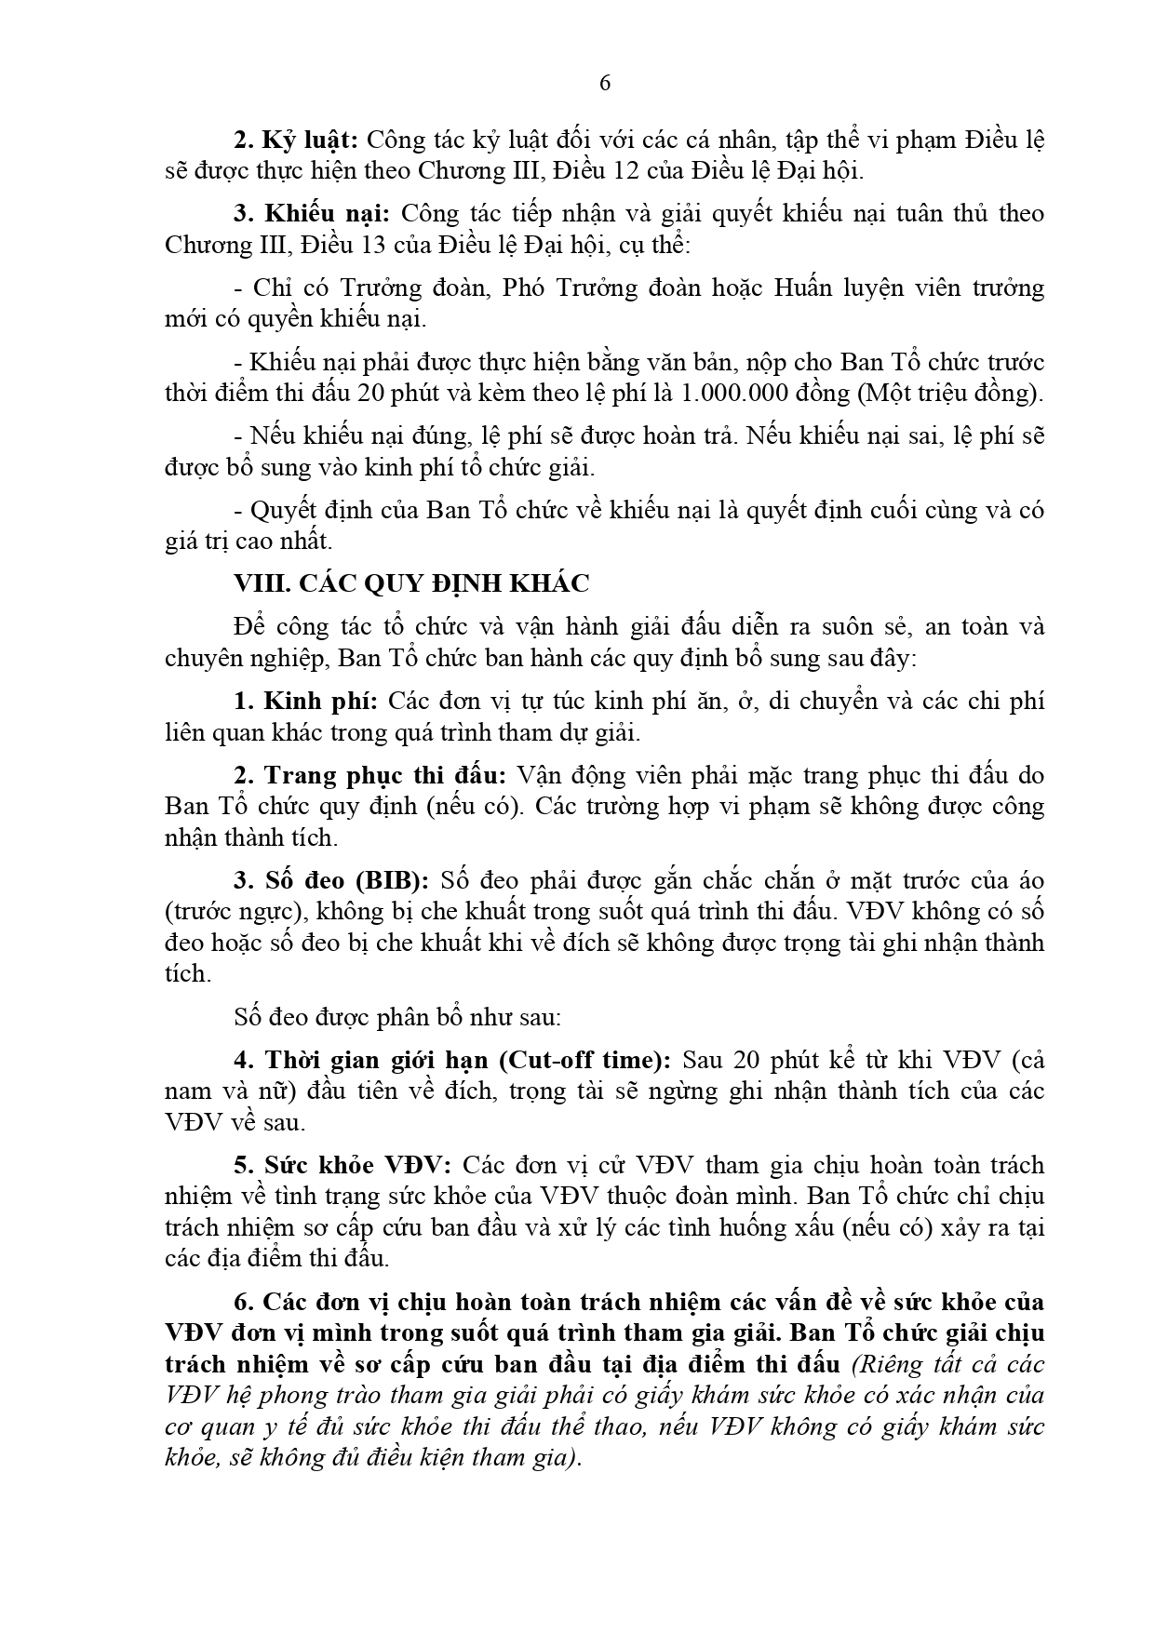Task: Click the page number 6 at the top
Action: pos(605,83)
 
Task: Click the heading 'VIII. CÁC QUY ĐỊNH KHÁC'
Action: pos(411,583)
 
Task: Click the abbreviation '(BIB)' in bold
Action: pos(396,880)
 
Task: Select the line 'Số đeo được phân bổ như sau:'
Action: pos(397,1016)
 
